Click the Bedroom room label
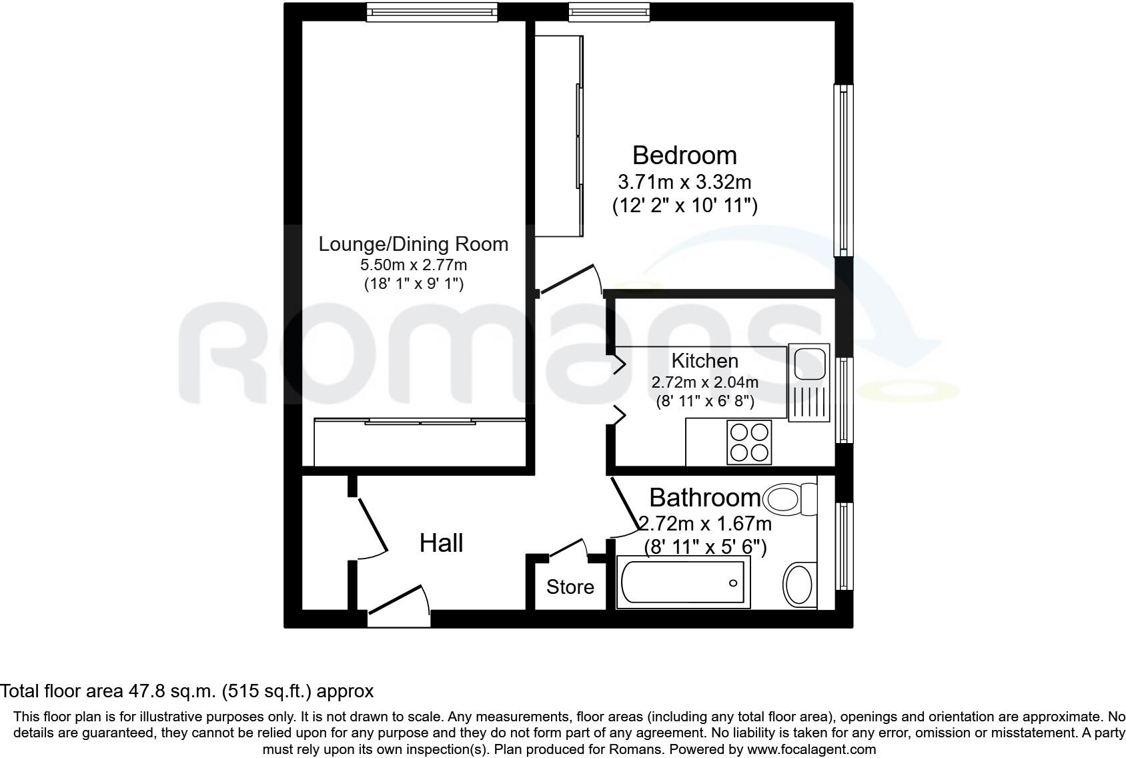(x=684, y=155)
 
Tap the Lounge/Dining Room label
(x=413, y=244)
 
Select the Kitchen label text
(x=704, y=361)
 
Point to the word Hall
(x=441, y=543)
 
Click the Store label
(x=570, y=587)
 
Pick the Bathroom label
(x=704, y=498)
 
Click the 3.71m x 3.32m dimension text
(x=684, y=181)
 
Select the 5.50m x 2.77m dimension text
(x=413, y=265)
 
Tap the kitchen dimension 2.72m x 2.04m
(x=704, y=382)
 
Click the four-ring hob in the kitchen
(x=749, y=442)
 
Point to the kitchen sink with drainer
(x=808, y=383)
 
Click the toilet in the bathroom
(x=791, y=497)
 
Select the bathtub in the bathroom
(x=683, y=583)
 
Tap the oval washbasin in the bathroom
(x=800, y=585)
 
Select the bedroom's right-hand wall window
(x=844, y=169)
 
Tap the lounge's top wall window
(x=432, y=11)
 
